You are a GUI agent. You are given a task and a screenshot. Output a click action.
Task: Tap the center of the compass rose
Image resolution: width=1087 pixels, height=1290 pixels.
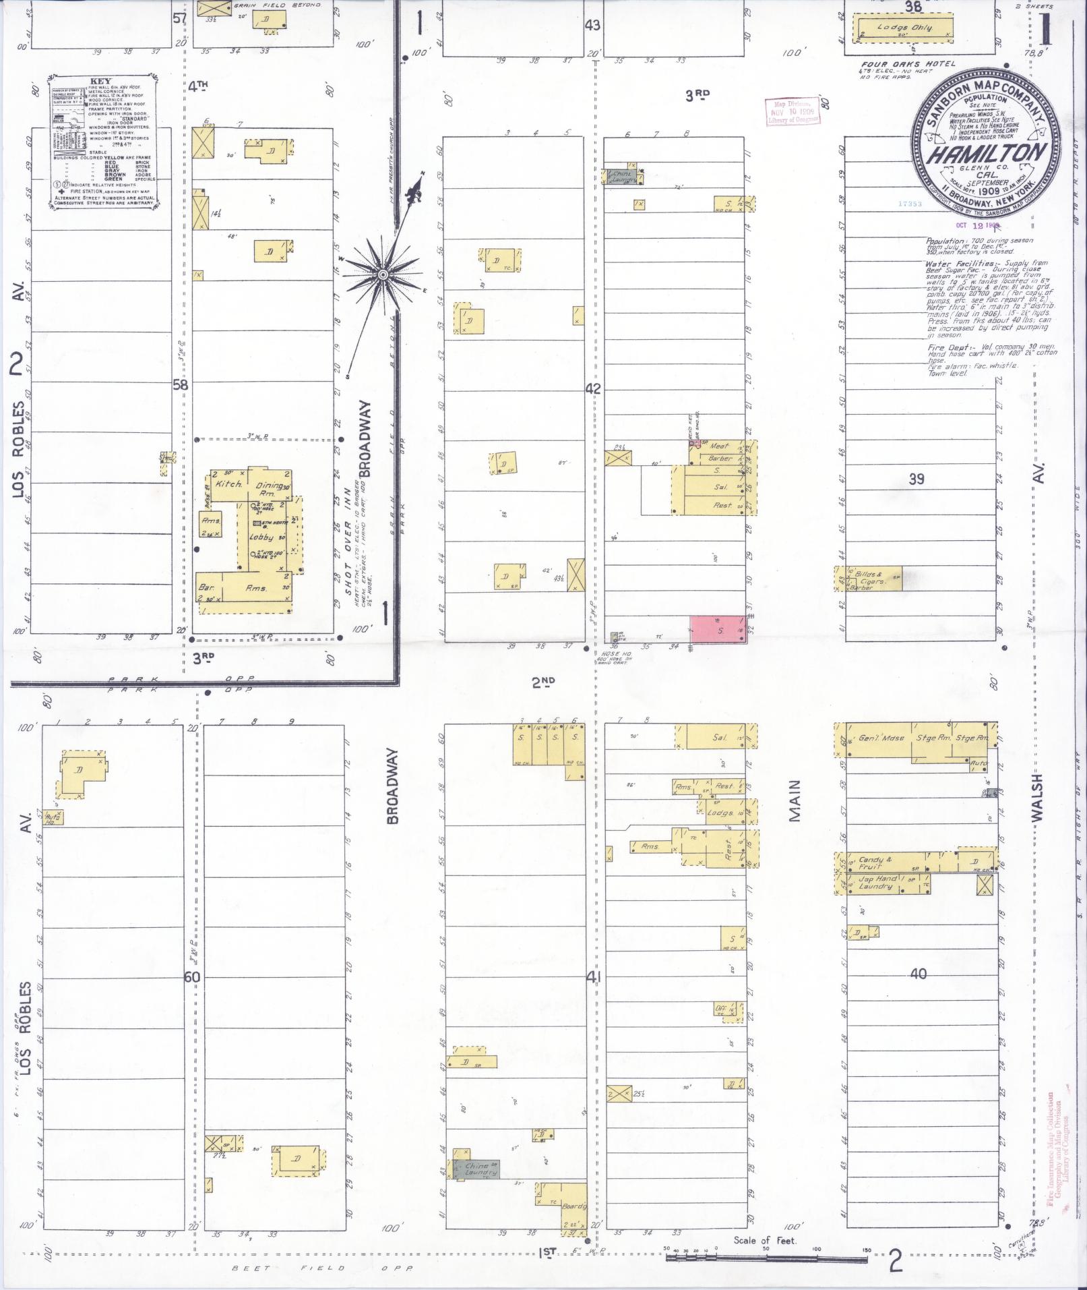coord(382,274)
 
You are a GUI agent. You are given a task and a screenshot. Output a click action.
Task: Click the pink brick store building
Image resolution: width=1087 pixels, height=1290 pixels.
coord(717,629)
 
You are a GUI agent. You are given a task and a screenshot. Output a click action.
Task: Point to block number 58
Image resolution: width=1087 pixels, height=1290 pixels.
coord(181,386)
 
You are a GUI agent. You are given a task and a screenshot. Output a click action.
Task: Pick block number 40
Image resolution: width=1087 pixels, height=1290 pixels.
coord(918,974)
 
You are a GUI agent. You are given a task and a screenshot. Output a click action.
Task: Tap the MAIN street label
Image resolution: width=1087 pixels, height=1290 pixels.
coord(795,800)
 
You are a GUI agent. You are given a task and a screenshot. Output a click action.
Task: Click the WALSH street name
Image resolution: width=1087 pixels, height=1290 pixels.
coord(1036,797)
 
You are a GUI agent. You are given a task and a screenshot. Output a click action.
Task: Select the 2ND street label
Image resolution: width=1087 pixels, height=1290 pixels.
coord(543,683)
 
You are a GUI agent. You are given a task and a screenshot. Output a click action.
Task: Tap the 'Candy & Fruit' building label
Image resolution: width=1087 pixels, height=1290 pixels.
coord(875,862)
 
